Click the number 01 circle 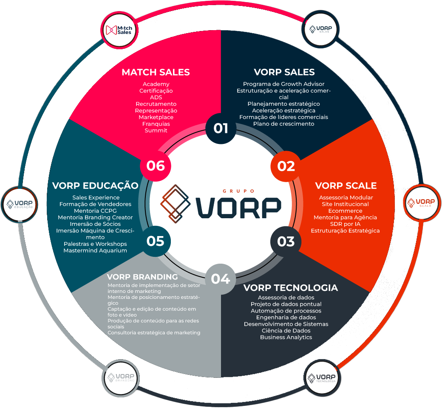pyautogui.click(x=221, y=128)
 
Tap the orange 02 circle pyautogui.click(x=286, y=166)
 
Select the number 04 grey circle pyautogui.click(x=221, y=279)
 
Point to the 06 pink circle pyautogui.click(x=156, y=166)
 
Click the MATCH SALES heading pyautogui.click(x=156, y=72)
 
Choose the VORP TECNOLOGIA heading pyautogui.click(x=290, y=288)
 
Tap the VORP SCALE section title pyautogui.click(x=346, y=186)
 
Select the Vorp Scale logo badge pyautogui.click(x=421, y=203)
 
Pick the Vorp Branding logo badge pyautogui.click(x=121, y=377)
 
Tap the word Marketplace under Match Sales pyautogui.click(x=156, y=117)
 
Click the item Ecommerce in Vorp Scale pyautogui.click(x=345, y=211)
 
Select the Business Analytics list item pyautogui.click(x=286, y=337)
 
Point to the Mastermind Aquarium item pyautogui.click(x=95, y=250)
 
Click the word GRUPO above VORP pyautogui.click(x=238, y=191)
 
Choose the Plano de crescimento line pyautogui.click(x=283, y=124)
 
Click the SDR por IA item pyautogui.click(x=345, y=224)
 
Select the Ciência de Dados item pyautogui.click(x=286, y=330)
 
